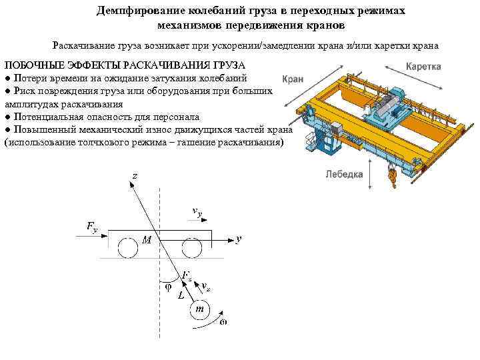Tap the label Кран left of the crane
coord(293,78)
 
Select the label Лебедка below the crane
coord(344,174)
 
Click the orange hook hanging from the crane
coord(393,175)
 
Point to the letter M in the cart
coord(147,239)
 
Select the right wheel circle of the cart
coord(192,249)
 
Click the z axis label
coord(135,175)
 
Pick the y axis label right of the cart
coord(238,238)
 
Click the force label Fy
coord(91,227)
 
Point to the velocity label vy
coord(197,211)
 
